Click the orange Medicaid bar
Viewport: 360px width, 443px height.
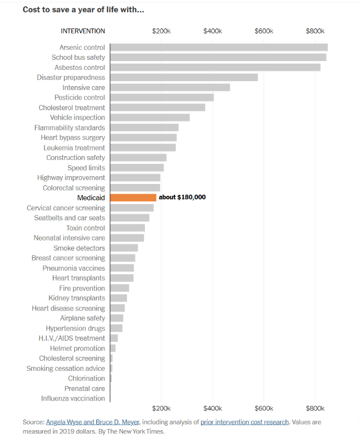tap(133, 197)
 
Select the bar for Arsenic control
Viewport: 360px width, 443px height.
tap(218, 48)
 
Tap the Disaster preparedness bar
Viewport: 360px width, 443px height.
tap(184, 77)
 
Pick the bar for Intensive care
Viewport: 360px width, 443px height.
tap(170, 87)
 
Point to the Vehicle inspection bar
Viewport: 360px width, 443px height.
tap(149, 117)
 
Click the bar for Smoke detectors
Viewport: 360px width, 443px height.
tap(124, 248)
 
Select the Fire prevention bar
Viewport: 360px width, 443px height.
tap(119, 288)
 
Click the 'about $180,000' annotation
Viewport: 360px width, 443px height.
tap(183, 197)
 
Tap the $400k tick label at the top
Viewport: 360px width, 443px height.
tap(213, 31)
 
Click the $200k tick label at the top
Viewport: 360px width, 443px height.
tap(161, 31)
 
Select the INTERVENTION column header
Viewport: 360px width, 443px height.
tap(83, 31)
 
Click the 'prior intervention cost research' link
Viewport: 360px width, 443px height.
tap(245, 422)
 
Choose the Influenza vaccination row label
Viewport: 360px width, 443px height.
tap(73, 398)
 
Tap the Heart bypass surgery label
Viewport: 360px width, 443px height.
tap(73, 138)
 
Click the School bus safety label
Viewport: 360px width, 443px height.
tap(78, 57)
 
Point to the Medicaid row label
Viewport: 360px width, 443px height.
tap(91, 197)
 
